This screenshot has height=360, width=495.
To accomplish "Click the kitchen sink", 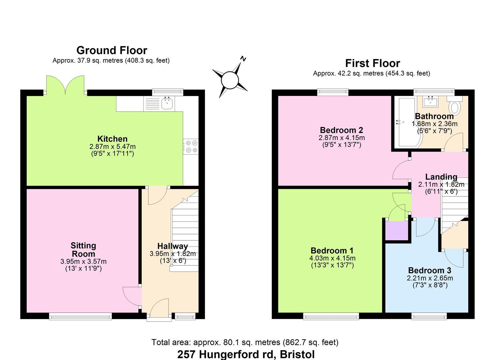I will [x=167, y=103].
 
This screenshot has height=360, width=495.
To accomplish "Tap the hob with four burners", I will [x=191, y=146].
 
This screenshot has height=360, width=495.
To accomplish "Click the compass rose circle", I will [x=230, y=80].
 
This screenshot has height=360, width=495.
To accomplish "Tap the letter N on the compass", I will [x=243, y=59].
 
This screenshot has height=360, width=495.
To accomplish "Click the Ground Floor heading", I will [x=112, y=50].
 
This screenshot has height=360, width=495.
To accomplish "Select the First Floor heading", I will [x=372, y=63].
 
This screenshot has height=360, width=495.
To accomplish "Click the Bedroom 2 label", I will [x=341, y=130].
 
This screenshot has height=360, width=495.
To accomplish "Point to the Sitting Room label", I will [x=83, y=250].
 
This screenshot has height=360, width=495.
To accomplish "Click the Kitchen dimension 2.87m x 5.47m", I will [x=112, y=146].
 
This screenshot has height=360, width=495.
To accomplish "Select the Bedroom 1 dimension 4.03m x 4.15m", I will [x=332, y=258].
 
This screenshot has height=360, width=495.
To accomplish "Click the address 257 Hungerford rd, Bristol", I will [x=246, y=354].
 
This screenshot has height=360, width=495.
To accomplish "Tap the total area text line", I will [x=245, y=342].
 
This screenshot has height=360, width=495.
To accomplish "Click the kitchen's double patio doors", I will [x=65, y=86].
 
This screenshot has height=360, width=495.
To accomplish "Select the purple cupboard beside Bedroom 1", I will [x=397, y=230].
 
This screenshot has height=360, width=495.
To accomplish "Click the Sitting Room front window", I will [x=80, y=316].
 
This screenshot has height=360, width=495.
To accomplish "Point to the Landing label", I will [x=441, y=177].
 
